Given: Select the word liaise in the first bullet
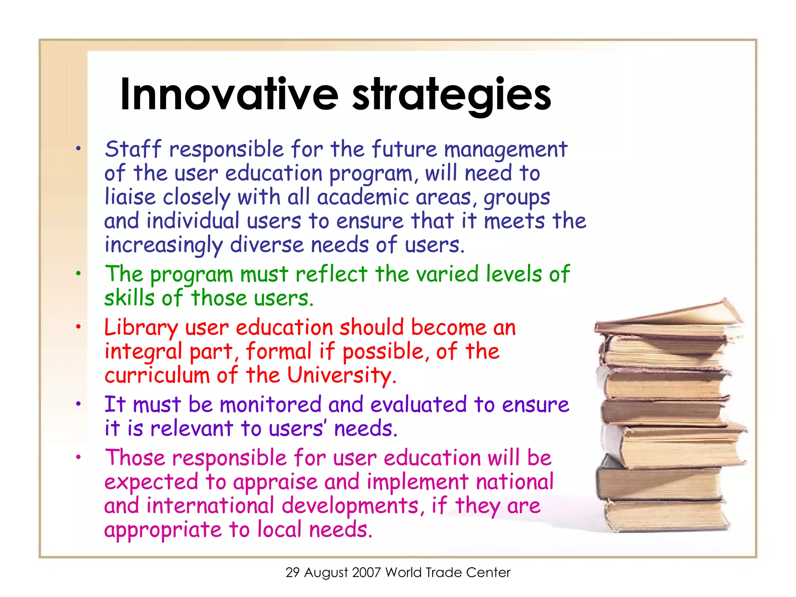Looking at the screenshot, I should [130, 197].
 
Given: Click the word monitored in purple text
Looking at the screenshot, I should [271, 404].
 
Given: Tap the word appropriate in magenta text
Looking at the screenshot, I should [163, 530].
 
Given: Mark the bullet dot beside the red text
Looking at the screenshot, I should [79, 327].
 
